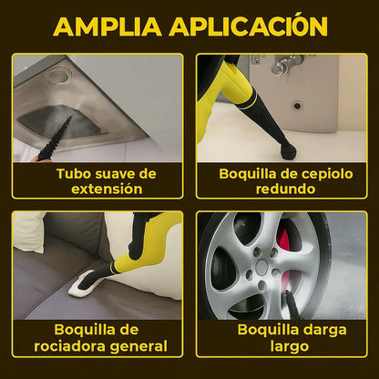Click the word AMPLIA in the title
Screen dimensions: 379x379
coord(108,26)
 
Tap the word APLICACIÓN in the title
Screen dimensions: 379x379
coord(249,25)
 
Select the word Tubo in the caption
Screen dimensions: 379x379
coord(74,174)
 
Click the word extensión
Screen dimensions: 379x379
coord(107,189)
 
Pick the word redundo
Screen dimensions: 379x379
coord(285,189)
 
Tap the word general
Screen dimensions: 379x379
coord(138,347)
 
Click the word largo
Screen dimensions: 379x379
coord(290,347)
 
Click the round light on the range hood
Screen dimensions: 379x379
coord(59,77)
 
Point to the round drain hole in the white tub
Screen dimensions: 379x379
coord(297,106)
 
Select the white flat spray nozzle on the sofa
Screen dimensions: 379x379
coord(81,284)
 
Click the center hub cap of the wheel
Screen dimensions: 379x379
coord(261,267)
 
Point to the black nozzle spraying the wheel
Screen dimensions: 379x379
coord(292,303)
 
